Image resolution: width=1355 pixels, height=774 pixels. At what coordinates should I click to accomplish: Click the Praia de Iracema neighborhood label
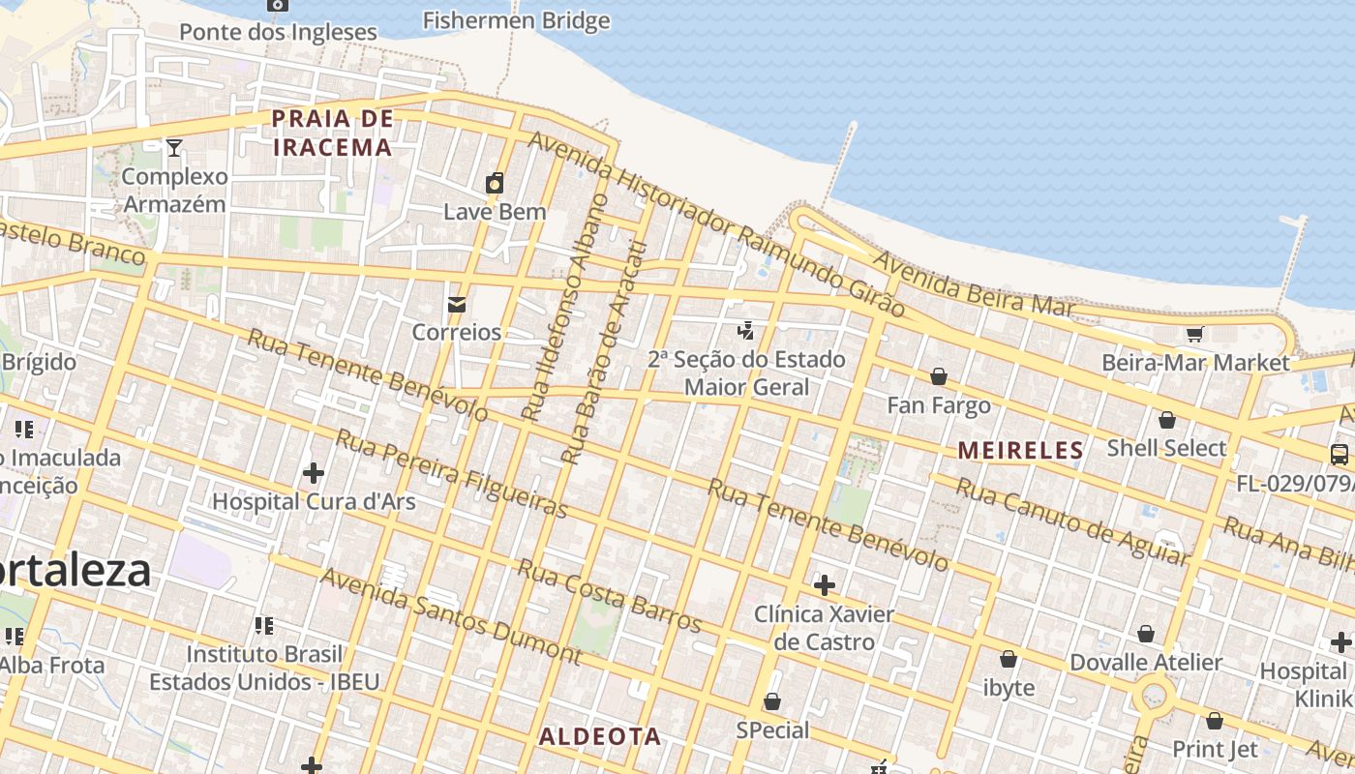[332, 133]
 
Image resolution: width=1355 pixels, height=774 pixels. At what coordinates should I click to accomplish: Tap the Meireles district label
[1021, 450]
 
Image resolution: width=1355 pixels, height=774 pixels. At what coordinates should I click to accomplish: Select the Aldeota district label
[600, 736]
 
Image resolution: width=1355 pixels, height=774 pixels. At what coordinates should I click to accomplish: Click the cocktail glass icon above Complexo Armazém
[174, 147]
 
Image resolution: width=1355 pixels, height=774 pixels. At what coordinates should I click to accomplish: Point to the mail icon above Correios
[456, 305]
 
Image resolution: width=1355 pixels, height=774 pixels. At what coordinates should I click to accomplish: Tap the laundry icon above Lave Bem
[495, 183]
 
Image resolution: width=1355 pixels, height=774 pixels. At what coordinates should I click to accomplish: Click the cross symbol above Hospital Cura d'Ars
[313, 473]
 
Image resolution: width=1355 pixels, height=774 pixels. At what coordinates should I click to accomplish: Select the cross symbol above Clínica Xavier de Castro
[825, 585]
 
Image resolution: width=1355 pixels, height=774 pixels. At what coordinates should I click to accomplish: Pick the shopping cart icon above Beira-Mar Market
[1194, 335]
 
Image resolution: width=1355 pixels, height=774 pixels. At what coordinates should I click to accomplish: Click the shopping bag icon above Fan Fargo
[938, 376]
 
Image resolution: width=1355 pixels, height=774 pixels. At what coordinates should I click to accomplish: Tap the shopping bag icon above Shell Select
[1166, 420]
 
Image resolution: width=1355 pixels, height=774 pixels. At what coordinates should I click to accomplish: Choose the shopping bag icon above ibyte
[1009, 659]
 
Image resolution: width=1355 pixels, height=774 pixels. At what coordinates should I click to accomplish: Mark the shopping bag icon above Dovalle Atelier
[1146, 634]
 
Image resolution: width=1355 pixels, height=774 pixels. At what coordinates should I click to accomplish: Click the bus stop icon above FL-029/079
[1340, 454]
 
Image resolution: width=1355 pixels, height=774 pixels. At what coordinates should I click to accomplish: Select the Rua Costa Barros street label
[608, 594]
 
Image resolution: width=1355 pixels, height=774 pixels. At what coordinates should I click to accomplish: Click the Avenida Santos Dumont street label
[450, 616]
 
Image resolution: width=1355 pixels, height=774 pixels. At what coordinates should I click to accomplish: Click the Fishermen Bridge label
[516, 20]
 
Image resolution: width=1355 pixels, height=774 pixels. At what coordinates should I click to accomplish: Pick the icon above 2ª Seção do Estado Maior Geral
[745, 331]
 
